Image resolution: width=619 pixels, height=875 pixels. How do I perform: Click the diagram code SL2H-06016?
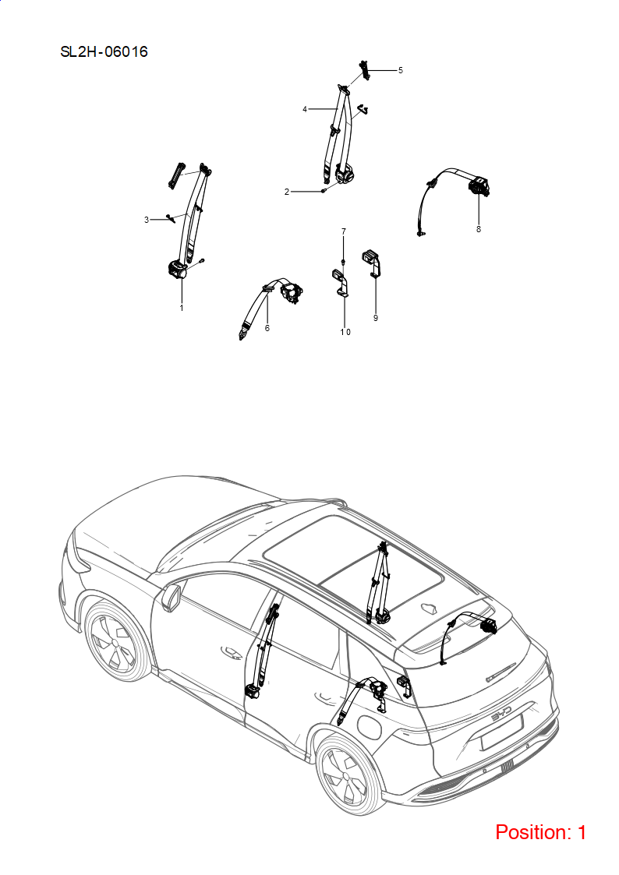(x=104, y=52)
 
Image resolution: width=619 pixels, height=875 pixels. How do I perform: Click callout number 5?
(x=400, y=70)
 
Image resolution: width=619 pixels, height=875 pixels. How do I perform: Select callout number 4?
(x=305, y=109)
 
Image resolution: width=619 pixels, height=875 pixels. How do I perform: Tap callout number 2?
(x=287, y=192)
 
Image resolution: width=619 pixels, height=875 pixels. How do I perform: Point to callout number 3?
(x=147, y=220)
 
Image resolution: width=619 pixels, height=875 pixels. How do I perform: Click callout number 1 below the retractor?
(x=182, y=308)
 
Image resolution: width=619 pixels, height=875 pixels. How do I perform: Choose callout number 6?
(x=267, y=328)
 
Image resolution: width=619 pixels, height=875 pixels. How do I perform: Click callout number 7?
(x=344, y=231)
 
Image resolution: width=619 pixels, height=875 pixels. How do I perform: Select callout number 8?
(x=479, y=229)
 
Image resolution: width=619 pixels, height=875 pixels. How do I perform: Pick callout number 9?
(x=376, y=318)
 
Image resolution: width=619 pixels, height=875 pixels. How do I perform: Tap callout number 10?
(x=345, y=332)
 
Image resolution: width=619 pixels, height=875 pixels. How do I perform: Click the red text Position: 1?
(x=541, y=832)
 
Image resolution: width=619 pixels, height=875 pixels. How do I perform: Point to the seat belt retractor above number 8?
(x=479, y=186)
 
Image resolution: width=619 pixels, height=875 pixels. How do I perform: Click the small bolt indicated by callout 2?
(x=324, y=191)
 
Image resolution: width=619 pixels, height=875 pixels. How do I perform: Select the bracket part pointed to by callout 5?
(x=365, y=69)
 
